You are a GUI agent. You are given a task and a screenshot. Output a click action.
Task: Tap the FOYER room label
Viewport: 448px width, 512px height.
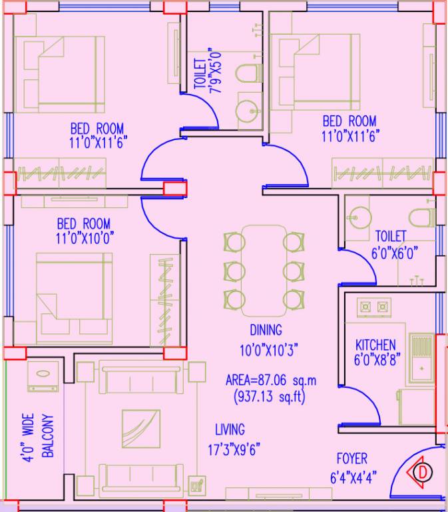point(351,459)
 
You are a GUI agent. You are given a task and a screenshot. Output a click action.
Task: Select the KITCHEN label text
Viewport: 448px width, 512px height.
point(375,345)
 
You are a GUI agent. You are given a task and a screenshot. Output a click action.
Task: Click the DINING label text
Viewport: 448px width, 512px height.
point(266,329)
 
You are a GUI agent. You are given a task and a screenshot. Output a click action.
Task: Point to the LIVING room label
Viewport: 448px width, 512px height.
point(229,429)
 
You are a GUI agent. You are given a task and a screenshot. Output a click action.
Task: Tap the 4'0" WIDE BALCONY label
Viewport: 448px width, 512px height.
point(38,437)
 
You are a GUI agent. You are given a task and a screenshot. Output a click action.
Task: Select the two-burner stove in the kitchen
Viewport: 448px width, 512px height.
point(373,307)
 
